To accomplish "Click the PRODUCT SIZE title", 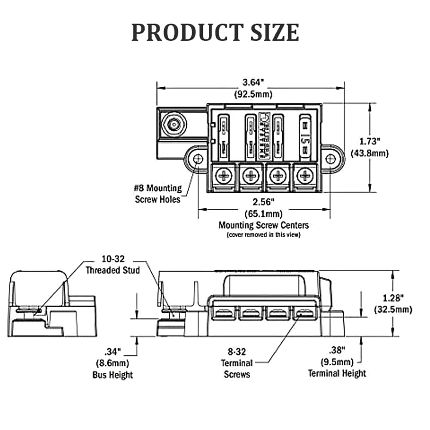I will click(x=215, y=32).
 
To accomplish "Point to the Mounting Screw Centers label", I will click(x=263, y=225).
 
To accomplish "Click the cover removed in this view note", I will click(x=263, y=235).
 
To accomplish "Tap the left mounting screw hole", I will click(x=198, y=159).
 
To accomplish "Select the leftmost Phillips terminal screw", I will click(x=224, y=175).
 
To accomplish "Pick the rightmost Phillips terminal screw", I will click(x=305, y=175).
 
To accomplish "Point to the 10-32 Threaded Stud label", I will click(x=113, y=265).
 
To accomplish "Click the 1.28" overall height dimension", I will click(x=393, y=303).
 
